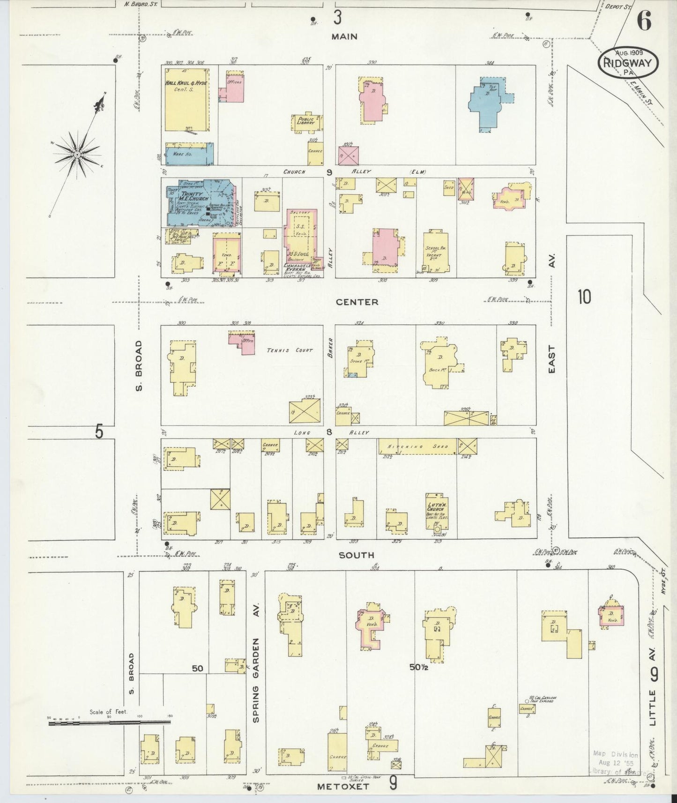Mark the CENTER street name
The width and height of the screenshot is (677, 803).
click(x=357, y=302)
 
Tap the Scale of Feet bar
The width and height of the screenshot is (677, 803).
click(x=109, y=723)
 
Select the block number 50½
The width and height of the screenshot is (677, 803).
click(x=418, y=667)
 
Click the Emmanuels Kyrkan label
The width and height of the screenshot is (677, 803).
click(x=298, y=268)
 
